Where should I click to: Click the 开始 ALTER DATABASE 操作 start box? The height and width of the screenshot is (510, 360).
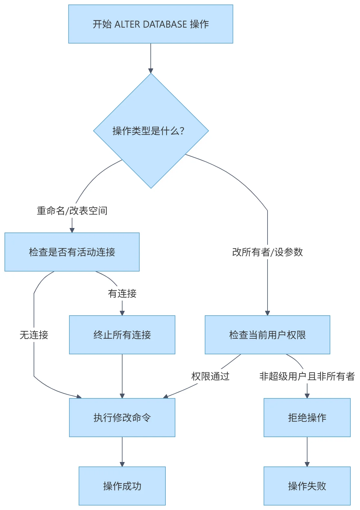[150, 24]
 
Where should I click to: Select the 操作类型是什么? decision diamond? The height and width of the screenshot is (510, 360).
[151, 131]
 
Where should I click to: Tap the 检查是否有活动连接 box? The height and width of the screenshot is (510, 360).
[72, 252]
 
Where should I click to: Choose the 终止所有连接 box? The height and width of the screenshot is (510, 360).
[122, 335]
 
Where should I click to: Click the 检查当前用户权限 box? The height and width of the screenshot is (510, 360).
[267, 335]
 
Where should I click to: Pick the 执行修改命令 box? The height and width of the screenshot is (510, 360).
[122, 418]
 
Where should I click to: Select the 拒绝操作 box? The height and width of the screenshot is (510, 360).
[307, 418]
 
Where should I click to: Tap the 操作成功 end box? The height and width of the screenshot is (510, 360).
[122, 486]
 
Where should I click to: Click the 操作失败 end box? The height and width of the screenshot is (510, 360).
[307, 486]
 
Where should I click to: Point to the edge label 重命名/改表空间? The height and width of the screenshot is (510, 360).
[72, 211]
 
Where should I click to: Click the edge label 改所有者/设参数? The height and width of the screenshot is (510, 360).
[267, 252]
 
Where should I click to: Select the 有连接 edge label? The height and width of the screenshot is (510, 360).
[122, 293]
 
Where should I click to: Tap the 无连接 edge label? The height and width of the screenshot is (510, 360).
[34, 335]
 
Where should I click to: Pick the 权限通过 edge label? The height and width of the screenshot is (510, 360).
[210, 376]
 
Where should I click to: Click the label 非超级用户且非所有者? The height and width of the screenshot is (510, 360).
[307, 376]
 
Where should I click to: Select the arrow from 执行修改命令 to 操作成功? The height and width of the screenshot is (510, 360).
[122, 451]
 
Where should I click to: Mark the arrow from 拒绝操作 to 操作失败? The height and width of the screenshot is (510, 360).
[307, 451]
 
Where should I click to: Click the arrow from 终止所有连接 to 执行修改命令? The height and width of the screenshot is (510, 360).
[122, 376]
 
